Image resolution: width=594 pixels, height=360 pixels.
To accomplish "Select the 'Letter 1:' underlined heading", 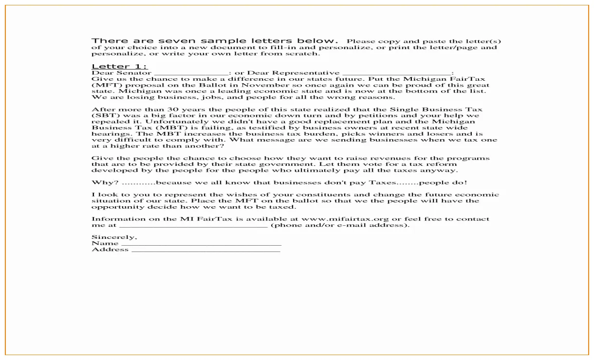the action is [119, 66].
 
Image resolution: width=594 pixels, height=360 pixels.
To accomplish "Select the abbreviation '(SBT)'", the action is [102, 116].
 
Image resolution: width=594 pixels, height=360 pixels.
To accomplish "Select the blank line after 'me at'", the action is [193, 225].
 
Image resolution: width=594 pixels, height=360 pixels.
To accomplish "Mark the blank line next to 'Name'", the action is [201, 244].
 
